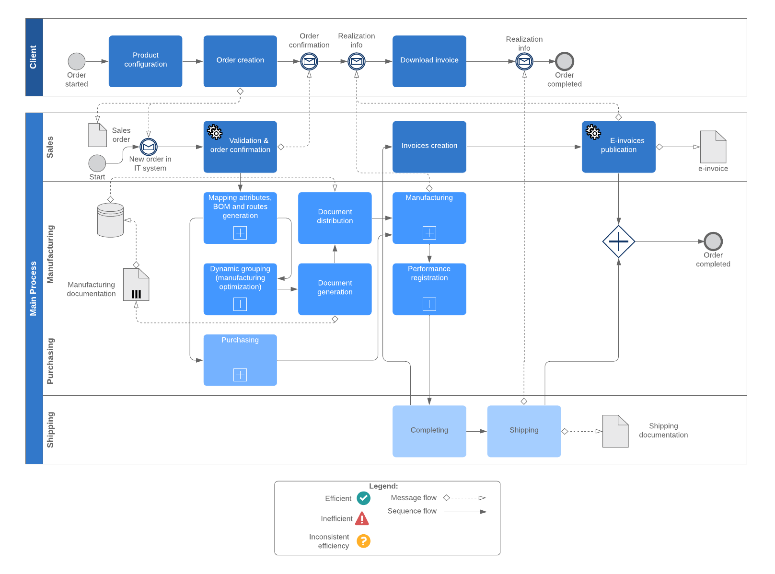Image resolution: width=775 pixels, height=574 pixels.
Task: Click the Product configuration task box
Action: pyautogui.click(x=145, y=61)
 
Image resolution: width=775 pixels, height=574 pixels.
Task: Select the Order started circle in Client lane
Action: pyautogui.click(x=77, y=61)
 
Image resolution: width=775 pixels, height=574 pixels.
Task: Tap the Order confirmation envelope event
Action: pyautogui.click(x=309, y=61)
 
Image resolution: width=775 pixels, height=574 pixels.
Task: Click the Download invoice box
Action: pyautogui.click(x=429, y=61)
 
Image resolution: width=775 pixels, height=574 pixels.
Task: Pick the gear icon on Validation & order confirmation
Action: pyautogui.click(x=215, y=132)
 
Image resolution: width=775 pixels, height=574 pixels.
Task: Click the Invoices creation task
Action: pyautogui.click(x=429, y=146)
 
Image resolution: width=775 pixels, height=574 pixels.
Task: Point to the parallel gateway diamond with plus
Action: pyautogui.click(x=618, y=241)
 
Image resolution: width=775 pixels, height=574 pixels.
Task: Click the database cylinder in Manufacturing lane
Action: pyautogui.click(x=110, y=220)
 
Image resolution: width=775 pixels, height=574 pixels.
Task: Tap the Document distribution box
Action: pyautogui.click(x=335, y=218)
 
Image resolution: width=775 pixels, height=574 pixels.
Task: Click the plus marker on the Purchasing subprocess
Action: pyautogui.click(x=240, y=375)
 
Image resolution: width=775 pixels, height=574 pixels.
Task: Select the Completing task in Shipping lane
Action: pyautogui.click(x=429, y=431)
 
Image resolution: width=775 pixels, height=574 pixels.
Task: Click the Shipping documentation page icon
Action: pyautogui.click(x=615, y=431)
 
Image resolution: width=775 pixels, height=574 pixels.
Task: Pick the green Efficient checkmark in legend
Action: pyautogui.click(x=363, y=498)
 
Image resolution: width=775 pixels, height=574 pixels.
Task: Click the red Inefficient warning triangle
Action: pyautogui.click(x=362, y=519)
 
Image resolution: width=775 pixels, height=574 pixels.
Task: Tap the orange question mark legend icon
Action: pyautogui.click(x=363, y=541)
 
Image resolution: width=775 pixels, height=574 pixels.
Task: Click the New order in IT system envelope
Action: pyautogui.click(x=149, y=147)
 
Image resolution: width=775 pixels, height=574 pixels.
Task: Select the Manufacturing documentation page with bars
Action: pyautogui.click(x=136, y=285)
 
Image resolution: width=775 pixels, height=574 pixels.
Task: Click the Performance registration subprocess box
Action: pyautogui.click(x=429, y=288)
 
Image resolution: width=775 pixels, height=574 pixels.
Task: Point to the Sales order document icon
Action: pyautogui.click(x=97, y=135)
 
